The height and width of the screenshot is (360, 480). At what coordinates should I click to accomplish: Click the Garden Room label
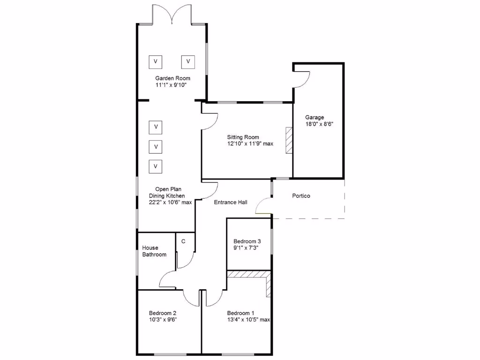pos(173,78)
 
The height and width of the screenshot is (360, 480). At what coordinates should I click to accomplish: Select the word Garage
pos(315,118)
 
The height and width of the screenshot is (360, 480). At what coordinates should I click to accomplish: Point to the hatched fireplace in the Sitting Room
pos(289,140)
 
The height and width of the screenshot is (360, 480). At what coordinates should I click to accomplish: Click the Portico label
pos(301,196)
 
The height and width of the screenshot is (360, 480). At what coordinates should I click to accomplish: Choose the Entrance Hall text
pos(231,202)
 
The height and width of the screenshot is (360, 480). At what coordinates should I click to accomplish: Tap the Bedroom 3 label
pos(247,241)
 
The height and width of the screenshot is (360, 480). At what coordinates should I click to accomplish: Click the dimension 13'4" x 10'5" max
pos(248,320)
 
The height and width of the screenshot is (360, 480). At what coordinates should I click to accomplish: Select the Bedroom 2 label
pos(163,313)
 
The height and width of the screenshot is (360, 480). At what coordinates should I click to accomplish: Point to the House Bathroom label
pos(154,251)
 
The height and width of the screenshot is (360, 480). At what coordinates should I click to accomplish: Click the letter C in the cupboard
pos(183,241)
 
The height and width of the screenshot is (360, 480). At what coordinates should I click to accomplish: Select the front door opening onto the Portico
pos(264,206)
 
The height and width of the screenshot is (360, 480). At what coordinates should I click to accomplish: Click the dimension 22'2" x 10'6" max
pos(170,202)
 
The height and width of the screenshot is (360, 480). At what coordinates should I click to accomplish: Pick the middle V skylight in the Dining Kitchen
pos(156,147)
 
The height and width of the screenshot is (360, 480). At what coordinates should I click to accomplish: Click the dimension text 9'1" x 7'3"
pos(246,247)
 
